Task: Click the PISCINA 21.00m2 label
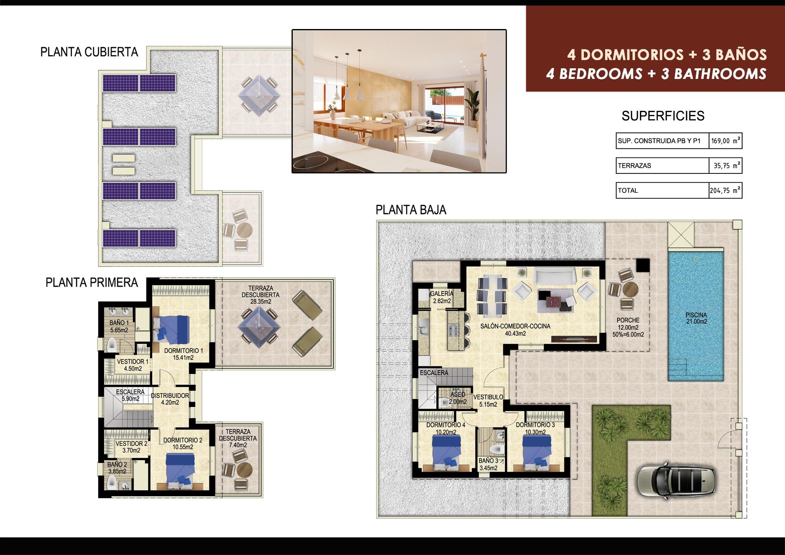(x=696, y=318)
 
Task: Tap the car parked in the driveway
(x=676, y=480)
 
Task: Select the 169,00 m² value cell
(x=725, y=141)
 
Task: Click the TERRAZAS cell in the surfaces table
(x=662, y=166)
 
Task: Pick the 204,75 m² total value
(x=725, y=190)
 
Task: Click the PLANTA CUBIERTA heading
(x=89, y=52)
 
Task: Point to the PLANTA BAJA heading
(x=410, y=210)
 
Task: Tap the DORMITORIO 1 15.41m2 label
(x=183, y=354)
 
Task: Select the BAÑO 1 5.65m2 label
(x=119, y=326)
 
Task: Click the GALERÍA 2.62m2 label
(x=442, y=297)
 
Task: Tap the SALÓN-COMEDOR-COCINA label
(x=515, y=330)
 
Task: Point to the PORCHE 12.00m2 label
(x=628, y=327)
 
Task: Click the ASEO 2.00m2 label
(x=458, y=398)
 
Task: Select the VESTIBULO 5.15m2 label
(x=488, y=400)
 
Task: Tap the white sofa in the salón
(x=555, y=276)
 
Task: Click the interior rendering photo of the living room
(x=399, y=101)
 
